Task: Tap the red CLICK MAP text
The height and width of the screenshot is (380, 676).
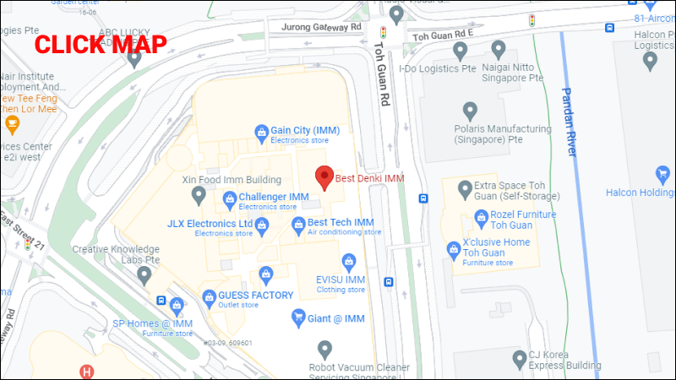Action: point(101,45)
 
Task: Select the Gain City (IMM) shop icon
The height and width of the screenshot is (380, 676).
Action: point(261,130)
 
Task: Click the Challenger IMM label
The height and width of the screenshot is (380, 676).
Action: point(274,197)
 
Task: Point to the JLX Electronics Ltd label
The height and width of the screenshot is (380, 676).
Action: point(210,224)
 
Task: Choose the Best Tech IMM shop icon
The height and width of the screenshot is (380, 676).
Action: point(297,225)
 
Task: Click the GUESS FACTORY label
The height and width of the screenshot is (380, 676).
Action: point(255,296)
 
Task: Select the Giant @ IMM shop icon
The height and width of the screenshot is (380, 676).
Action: point(297,318)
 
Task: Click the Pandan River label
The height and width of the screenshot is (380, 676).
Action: point(570,122)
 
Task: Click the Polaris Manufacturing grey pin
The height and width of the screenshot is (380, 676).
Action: point(471,110)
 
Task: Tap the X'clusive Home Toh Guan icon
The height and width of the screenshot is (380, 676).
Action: point(453,248)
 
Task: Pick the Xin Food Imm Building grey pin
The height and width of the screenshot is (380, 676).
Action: point(199,196)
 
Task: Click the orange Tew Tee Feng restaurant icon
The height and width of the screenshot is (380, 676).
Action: point(12,126)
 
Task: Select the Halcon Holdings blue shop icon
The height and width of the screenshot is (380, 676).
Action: point(663,174)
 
